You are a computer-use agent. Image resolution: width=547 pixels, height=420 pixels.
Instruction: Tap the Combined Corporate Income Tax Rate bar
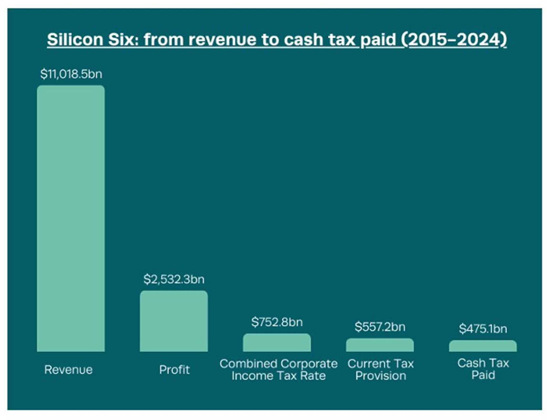[x=277, y=343]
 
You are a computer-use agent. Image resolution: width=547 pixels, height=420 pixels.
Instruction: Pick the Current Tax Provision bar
[x=380, y=345]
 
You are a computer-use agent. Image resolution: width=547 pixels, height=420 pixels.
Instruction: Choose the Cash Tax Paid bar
[x=483, y=346]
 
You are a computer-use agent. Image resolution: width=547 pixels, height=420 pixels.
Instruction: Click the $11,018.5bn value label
[x=71, y=74]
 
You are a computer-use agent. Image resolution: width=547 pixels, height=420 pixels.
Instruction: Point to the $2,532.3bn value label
[x=174, y=279]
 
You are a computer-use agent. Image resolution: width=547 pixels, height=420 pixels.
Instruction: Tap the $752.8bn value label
[x=277, y=322]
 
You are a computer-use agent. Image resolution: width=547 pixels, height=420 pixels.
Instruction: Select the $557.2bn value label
[x=380, y=327]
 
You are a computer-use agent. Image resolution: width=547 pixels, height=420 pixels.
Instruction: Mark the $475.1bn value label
[x=483, y=329]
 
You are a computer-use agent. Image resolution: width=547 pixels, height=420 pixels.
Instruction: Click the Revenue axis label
[x=68, y=370]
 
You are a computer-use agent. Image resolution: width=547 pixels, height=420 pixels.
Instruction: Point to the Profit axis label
[x=174, y=370]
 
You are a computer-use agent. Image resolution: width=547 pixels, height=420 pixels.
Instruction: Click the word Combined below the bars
[x=248, y=364]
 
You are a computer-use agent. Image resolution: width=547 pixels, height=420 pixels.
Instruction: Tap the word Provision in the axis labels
[x=380, y=376]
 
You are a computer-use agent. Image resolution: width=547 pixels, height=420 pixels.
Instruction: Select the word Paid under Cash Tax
[x=483, y=375]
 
